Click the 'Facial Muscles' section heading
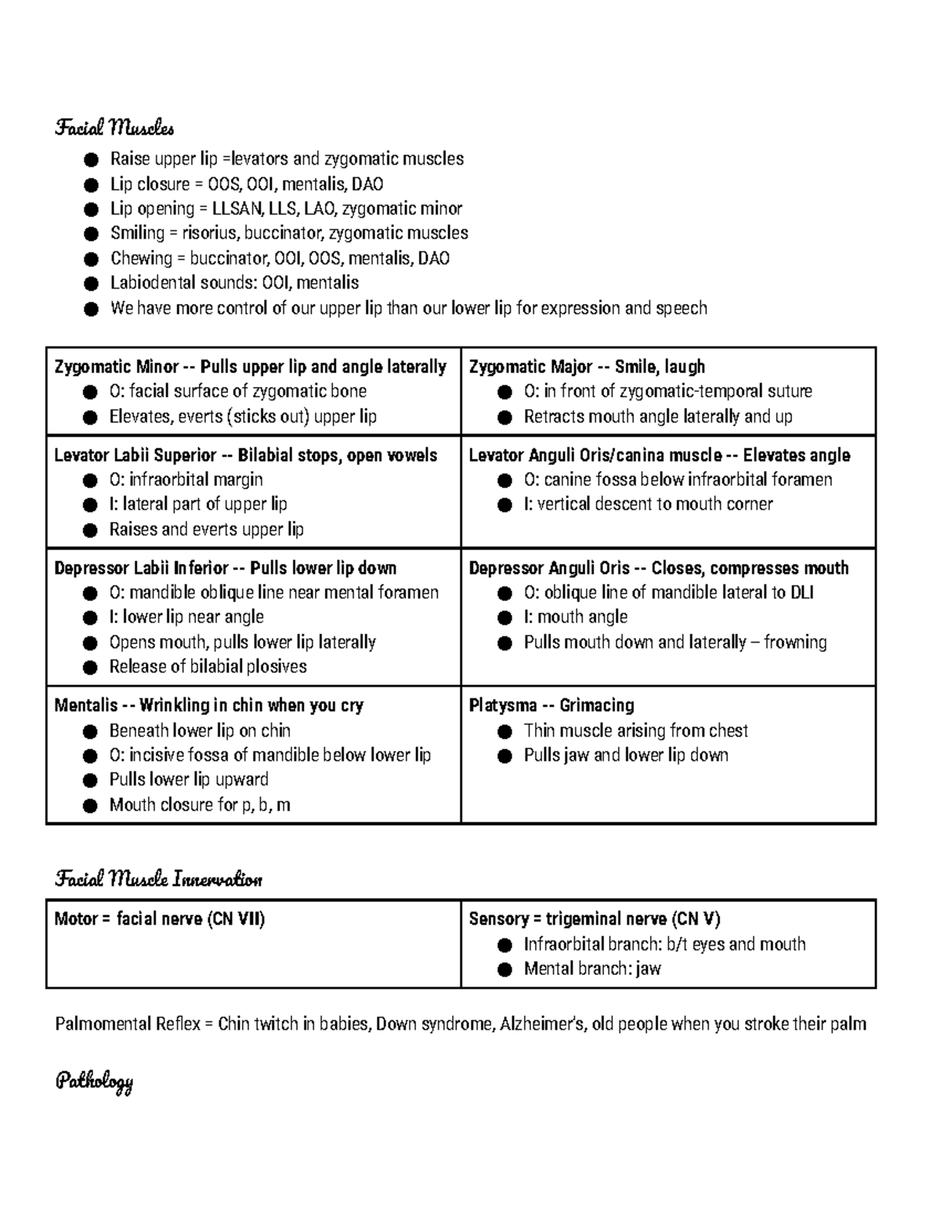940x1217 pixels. tap(114, 127)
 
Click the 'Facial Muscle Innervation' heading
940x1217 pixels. tap(158, 879)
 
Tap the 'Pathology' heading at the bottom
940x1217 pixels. tap(94, 1082)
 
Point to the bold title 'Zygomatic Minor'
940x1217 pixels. tap(116, 367)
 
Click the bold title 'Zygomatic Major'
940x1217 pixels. tap(530, 367)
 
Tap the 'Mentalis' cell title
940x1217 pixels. tap(85, 705)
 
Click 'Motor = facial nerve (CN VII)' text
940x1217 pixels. tap(160, 919)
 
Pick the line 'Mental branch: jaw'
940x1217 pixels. tap(592, 969)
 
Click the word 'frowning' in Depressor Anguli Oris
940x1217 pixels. tap(795, 642)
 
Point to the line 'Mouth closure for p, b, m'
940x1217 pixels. tap(200, 805)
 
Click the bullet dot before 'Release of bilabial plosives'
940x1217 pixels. tap(91, 667)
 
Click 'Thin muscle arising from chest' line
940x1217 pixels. tap(635, 730)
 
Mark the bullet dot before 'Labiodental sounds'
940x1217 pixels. tap(92, 283)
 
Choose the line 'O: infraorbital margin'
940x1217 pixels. tap(186, 480)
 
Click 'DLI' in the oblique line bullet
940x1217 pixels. tap(801, 592)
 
